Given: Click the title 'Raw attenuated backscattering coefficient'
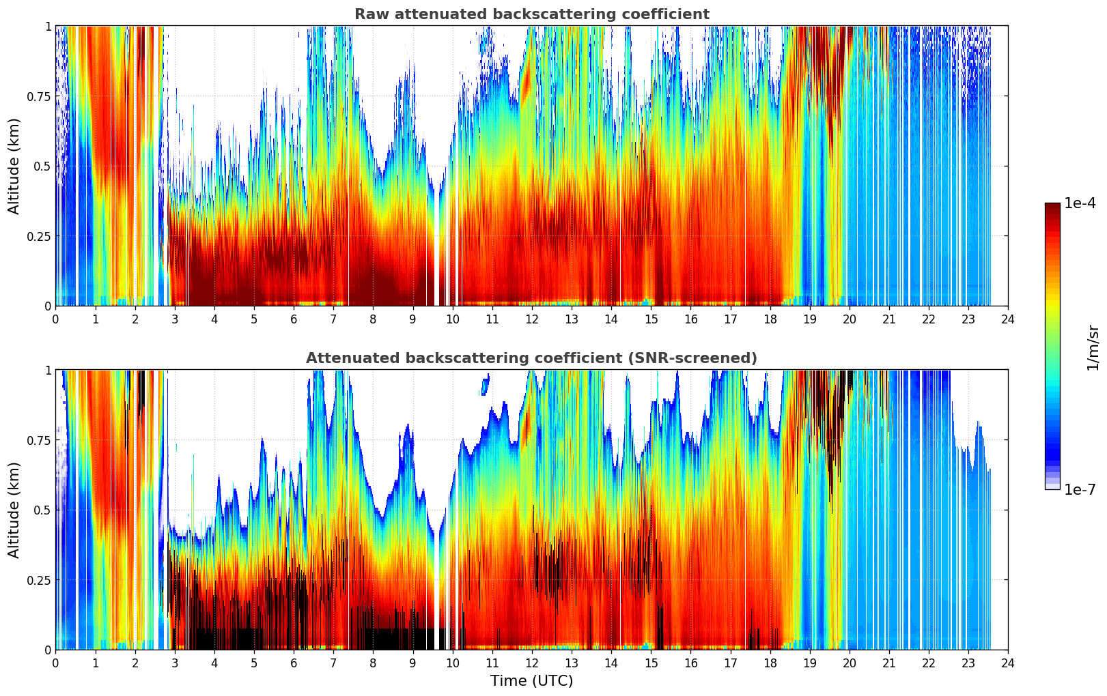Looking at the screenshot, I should pyautogui.click(x=531, y=14).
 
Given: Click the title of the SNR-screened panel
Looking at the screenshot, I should pyautogui.click(x=531, y=358).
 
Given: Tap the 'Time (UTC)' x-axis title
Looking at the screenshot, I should pyautogui.click(x=531, y=681).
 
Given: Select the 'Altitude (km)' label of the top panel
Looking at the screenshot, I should pyautogui.click(x=14, y=166).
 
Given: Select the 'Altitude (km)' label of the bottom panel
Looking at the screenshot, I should pyautogui.click(x=14, y=510).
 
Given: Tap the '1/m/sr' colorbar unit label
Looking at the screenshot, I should pyautogui.click(x=1093, y=347).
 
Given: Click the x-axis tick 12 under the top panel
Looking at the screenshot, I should pyautogui.click(x=531, y=319).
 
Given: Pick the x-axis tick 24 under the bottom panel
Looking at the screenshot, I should pyautogui.click(x=1007, y=663).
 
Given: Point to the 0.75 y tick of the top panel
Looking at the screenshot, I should pyautogui.click(x=40, y=96).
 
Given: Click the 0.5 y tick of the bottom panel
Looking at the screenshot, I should pyautogui.click(x=43, y=510).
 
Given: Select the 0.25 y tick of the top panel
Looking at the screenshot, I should pyautogui.click(x=40, y=236).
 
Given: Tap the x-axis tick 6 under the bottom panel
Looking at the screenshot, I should pyautogui.click(x=294, y=663).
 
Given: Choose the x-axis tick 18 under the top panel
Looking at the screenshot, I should pyautogui.click(x=770, y=319).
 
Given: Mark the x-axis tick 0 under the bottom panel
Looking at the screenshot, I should pyautogui.click(x=55, y=663).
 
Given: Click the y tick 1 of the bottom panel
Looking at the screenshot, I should pyautogui.click(x=48, y=370).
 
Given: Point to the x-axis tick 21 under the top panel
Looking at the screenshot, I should pyautogui.click(x=888, y=319).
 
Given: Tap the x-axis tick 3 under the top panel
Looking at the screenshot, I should pyautogui.click(x=175, y=319).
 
